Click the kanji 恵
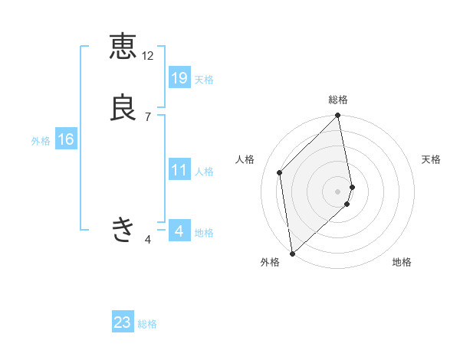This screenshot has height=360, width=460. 123,46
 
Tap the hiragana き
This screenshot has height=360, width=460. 123,229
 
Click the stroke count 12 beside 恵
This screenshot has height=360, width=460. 148,56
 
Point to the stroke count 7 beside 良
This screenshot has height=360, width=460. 148,117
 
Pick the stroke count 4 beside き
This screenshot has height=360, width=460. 148,240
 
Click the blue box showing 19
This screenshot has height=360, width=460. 179,78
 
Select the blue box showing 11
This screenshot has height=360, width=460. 179,170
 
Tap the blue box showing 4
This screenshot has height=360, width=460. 179,231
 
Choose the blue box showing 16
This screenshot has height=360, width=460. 66,139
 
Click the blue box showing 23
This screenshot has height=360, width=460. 123,322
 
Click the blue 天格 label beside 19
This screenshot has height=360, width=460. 204,80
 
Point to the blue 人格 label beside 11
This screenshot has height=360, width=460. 204,172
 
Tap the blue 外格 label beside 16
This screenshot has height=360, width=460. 41,141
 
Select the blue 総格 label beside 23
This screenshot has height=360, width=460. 147,324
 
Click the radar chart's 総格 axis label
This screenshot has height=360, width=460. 338,100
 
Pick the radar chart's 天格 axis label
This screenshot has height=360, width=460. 432,159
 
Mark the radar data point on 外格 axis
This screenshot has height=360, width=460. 292,254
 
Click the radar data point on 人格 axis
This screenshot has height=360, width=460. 280,172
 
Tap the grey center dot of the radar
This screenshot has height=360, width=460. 338,191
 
